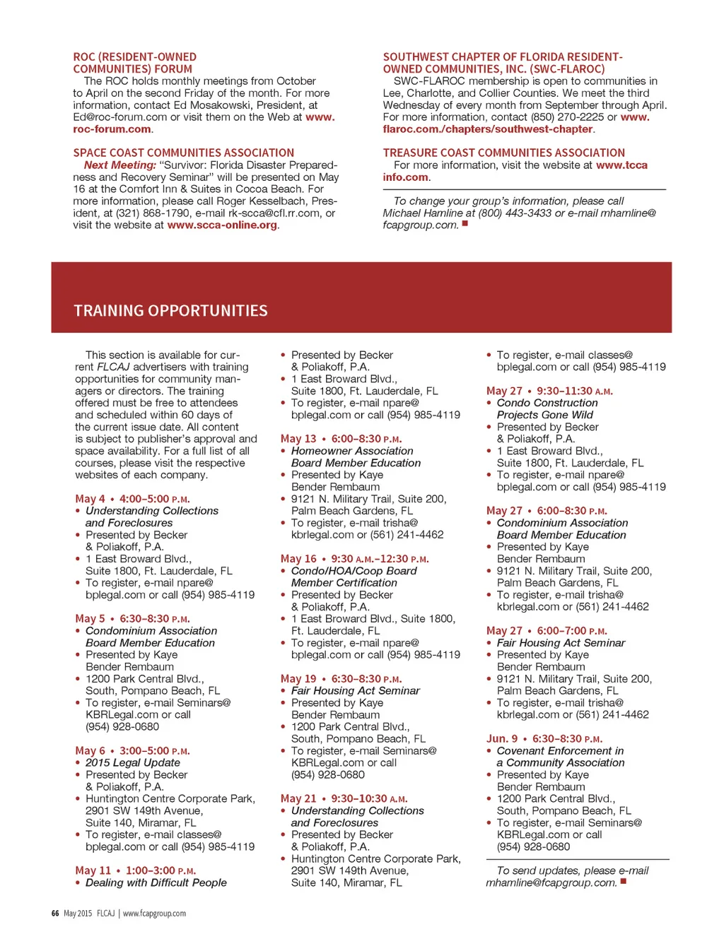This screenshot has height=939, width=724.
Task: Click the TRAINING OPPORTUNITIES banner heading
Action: click(x=170, y=311)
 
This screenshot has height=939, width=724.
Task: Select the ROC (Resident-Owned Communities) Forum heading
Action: click(x=134, y=63)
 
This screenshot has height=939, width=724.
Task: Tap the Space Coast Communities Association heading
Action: click(x=183, y=153)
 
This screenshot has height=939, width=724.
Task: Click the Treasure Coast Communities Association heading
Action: click(x=503, y=153)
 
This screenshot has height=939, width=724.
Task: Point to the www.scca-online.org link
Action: click(x=222, y=225)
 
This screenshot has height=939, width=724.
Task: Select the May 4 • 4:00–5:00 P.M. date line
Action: click(x=132, y=499)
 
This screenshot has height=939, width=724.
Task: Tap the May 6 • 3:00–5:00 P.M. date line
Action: click(x=132, y=751)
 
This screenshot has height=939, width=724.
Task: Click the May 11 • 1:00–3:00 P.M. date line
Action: click(x=135, y=871)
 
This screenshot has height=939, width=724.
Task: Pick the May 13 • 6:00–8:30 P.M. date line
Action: click(x=341, y=439)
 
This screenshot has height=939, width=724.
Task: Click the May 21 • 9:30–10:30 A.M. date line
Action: click(x=344, y=799)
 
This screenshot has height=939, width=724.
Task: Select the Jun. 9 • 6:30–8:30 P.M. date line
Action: click(x=544, y=739)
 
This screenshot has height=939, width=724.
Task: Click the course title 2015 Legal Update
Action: click(x=133, y=763)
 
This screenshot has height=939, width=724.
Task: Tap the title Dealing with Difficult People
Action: click(x=156, y=883)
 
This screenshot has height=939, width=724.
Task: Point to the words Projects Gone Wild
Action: click(x=544, y=415)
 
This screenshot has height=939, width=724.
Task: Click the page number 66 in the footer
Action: click(x=55, y=914)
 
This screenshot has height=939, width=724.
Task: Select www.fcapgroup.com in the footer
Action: click(x=154, y=914)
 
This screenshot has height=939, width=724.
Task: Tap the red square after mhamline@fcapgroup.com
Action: click(x=623, y=881)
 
